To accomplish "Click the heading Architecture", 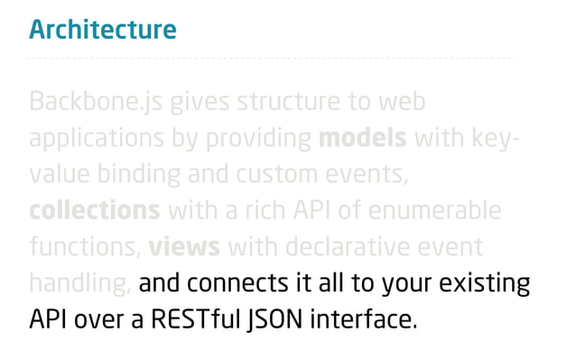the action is pyautogui.click(x=102, y=30).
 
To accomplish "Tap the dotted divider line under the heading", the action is pyautogui.click(x=271, y=59).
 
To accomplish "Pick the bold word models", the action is pyautogui.click(x=364, y=138).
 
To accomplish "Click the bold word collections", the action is pyautogui.click(x=94, y=210).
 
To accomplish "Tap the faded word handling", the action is pyautogui.click(x=80, y=283).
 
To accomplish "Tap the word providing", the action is pyautogui.click(x=259, y=138).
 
